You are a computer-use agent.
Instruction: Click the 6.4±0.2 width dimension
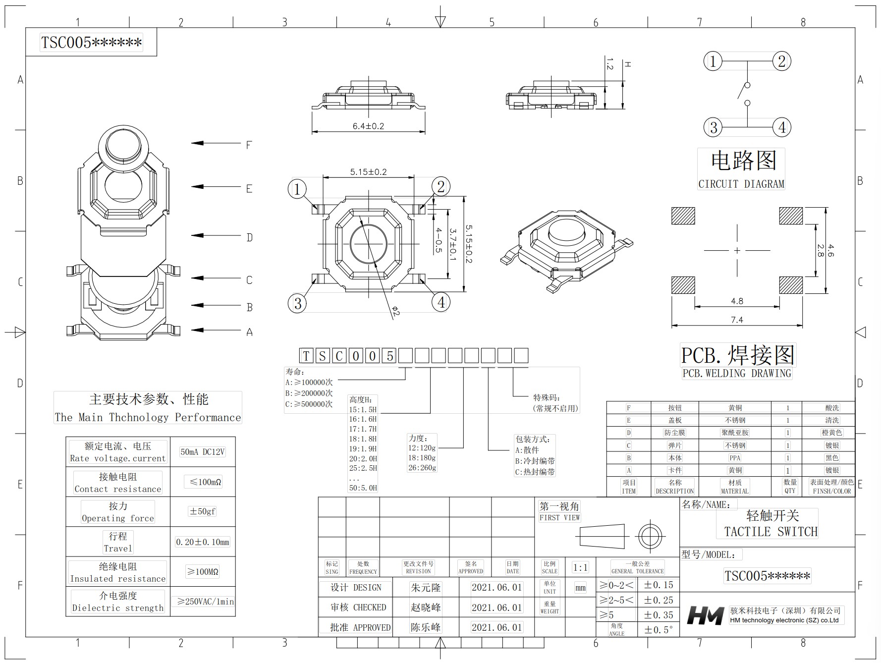tap(368, 126)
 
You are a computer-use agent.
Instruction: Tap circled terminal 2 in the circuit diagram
tap(781, 61)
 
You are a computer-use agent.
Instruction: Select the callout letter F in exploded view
tap(249, 145)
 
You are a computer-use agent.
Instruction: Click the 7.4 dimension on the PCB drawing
tap(737, 320)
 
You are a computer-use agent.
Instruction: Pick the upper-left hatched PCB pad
tap(683, 216)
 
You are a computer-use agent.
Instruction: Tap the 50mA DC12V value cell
tap(203, 452)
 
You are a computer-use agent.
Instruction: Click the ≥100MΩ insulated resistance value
tap(202, 572)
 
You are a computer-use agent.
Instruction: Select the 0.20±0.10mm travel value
tap(203, 542)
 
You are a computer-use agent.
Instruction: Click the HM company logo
tap(706, 615)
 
